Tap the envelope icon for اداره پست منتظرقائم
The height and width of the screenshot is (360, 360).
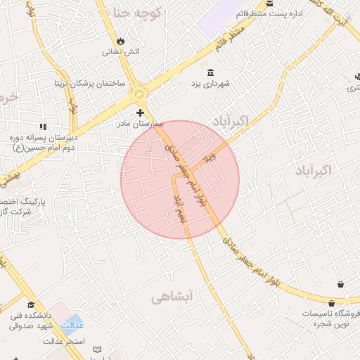coord(271,4)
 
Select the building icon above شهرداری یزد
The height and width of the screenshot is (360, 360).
coord(211,72)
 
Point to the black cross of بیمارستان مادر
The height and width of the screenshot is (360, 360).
coord(140,112)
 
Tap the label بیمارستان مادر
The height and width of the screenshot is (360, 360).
coord(139,124)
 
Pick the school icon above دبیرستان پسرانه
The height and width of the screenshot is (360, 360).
coord(43,127)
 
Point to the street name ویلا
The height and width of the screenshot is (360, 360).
coord(207,160)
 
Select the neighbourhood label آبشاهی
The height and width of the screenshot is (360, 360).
coord(171,298)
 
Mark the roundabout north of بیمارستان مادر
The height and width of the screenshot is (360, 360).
coord(140,92)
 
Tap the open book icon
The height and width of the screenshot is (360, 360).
coord(97,349)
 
